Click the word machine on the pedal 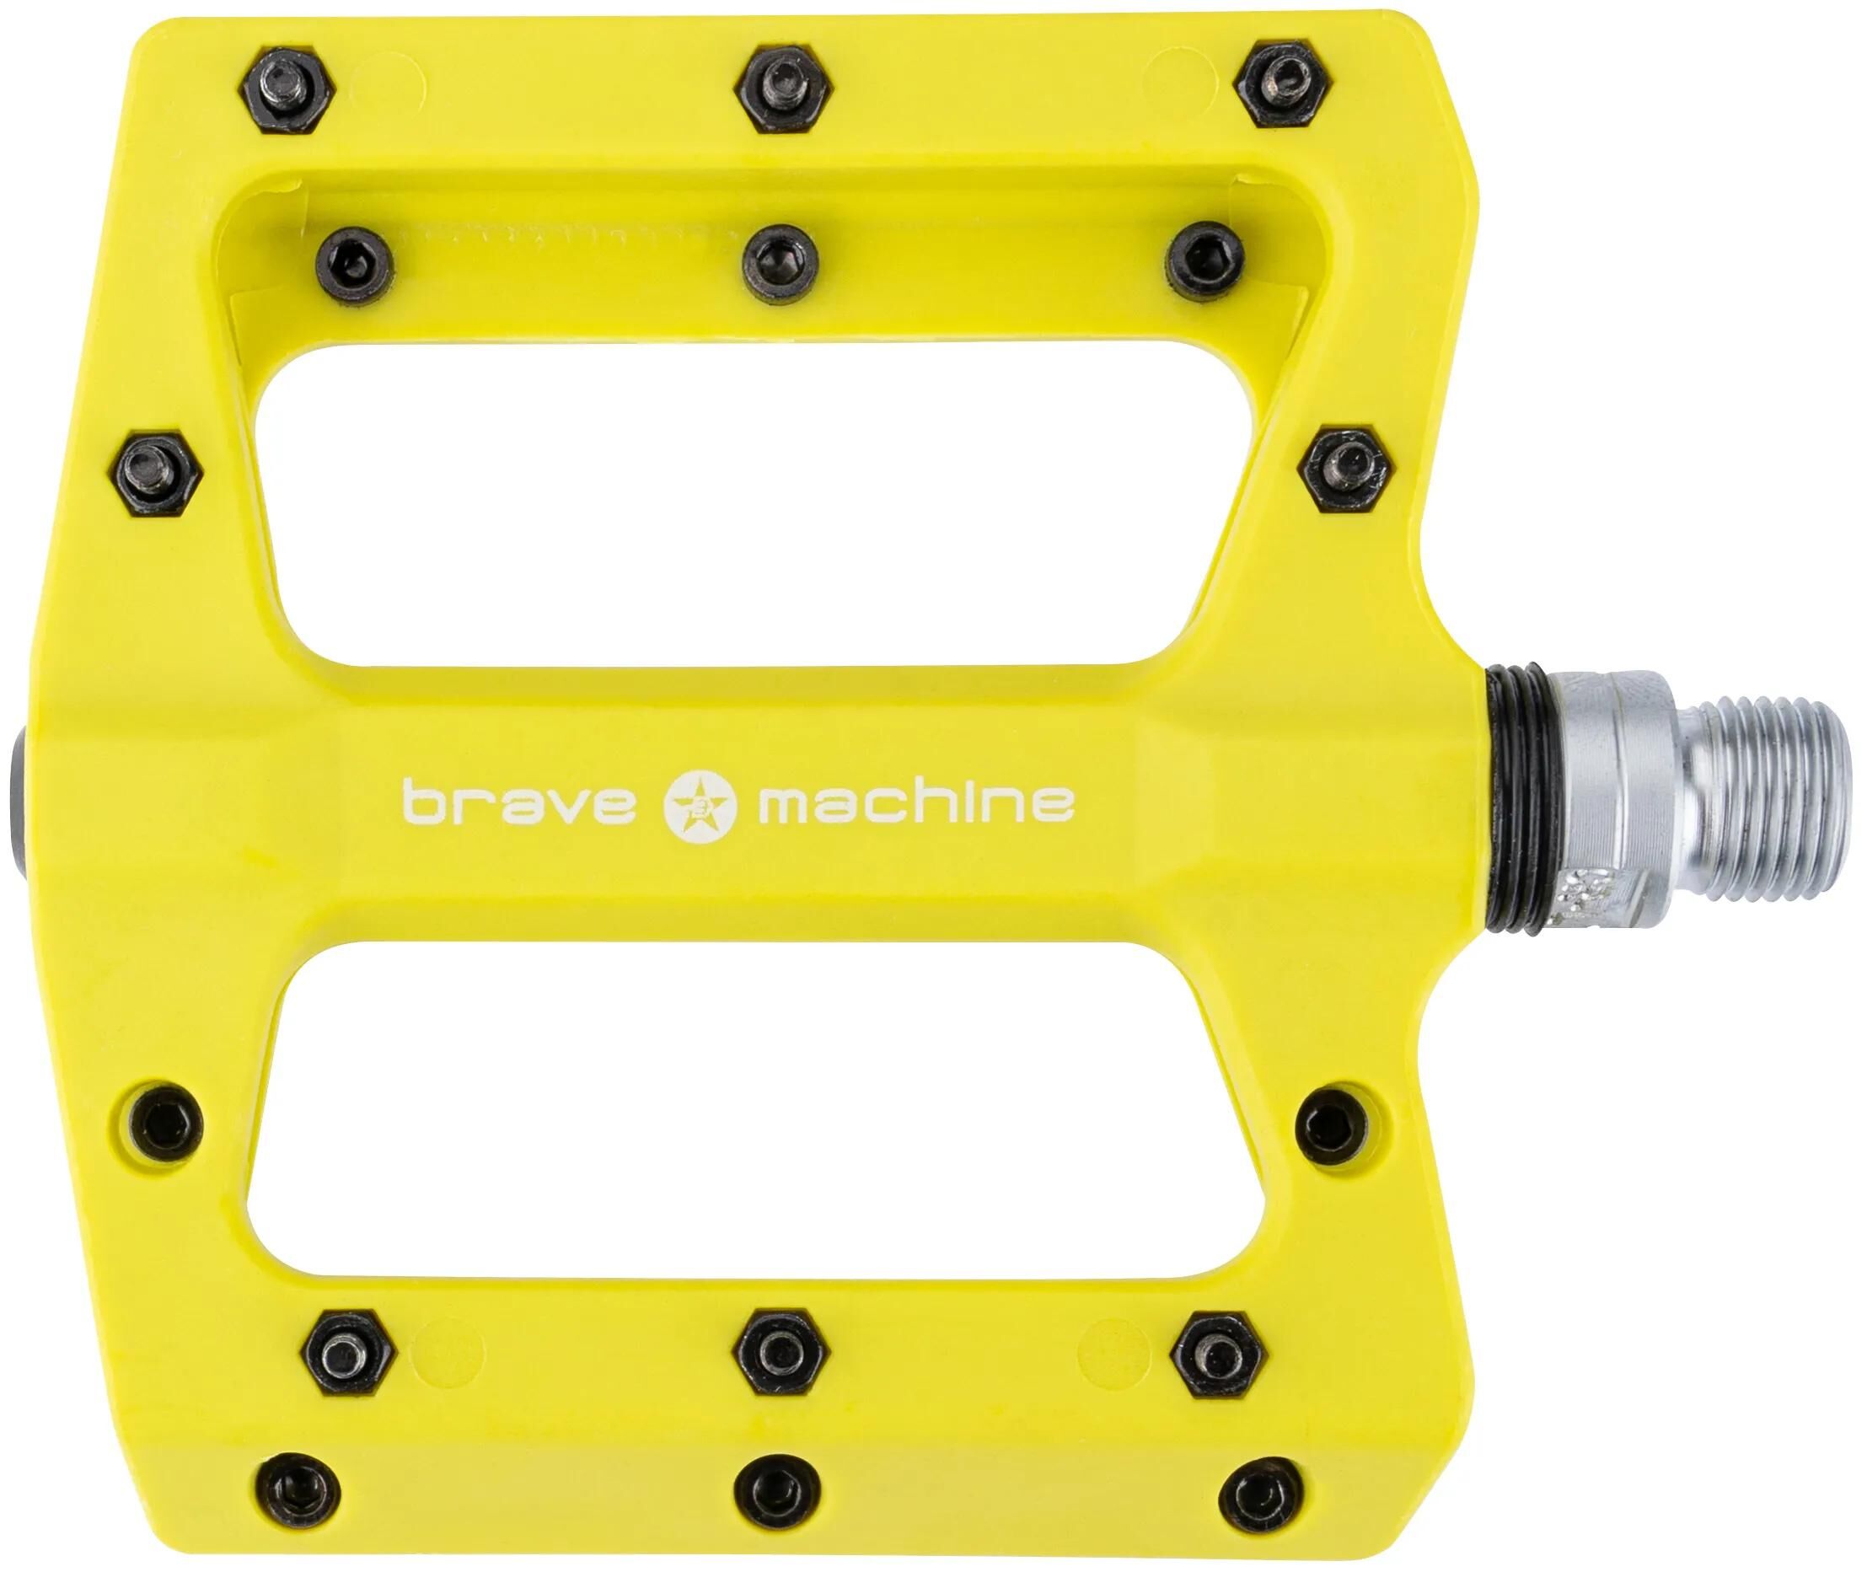point(915,802)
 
